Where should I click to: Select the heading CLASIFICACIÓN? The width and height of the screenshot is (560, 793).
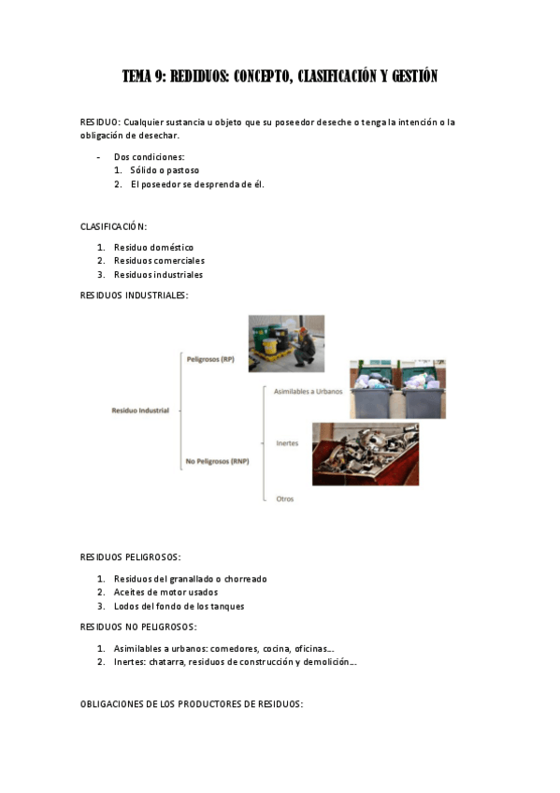(x=113, y=226)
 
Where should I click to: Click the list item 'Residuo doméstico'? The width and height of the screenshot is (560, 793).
(x=153, y=247)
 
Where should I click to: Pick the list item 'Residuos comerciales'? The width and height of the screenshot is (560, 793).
(x=159, y=261)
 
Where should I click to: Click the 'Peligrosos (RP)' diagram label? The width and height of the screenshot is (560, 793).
(x=210, y=359)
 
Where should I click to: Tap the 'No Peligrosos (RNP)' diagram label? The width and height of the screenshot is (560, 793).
(x=216, y=462)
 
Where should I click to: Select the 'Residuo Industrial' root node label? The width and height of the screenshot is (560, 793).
(x=140, y=411)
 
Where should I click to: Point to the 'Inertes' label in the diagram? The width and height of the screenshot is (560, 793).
(x=287, y=443)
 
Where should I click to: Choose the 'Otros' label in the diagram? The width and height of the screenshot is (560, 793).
(x=285, y=498)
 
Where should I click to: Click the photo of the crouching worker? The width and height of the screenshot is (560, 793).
(x=286, y=343)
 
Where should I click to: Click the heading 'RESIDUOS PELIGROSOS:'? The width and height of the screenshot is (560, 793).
(x=130, y=557)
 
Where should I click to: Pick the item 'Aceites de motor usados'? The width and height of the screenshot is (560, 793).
(x=165, y=592)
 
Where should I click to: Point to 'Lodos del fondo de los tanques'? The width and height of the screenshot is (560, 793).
(x=179, y=606)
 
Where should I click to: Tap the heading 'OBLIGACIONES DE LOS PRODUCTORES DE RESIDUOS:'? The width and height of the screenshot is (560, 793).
(x=192, y=704)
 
